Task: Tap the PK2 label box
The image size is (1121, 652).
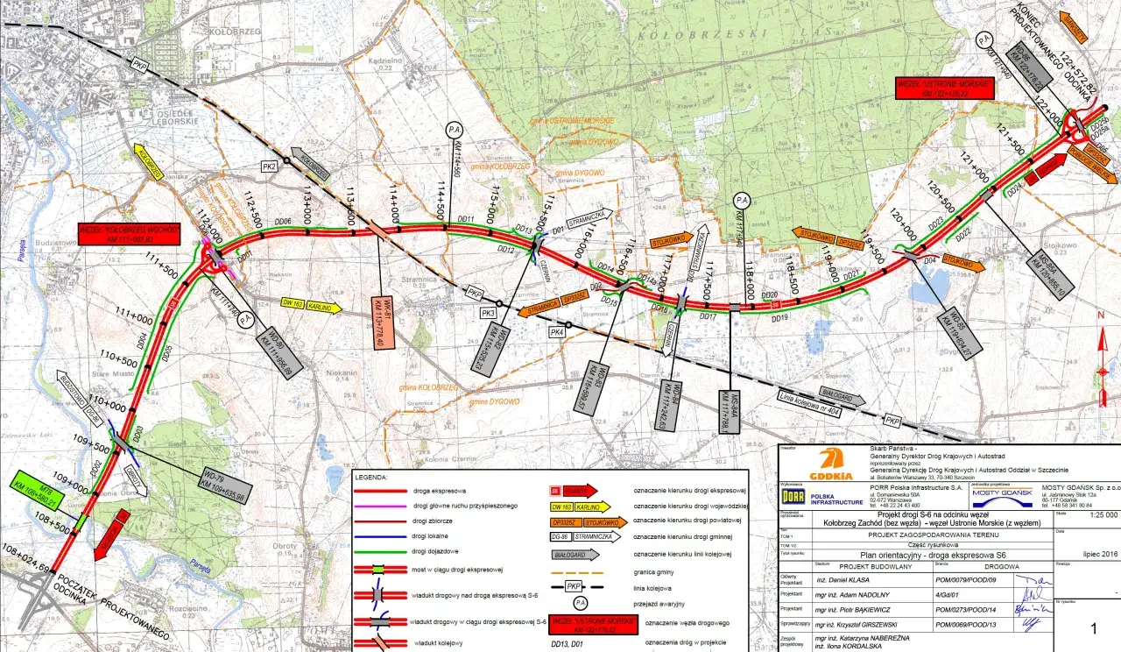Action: (x=270, y=167)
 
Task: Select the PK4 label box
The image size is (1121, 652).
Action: (x=556, y=332)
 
